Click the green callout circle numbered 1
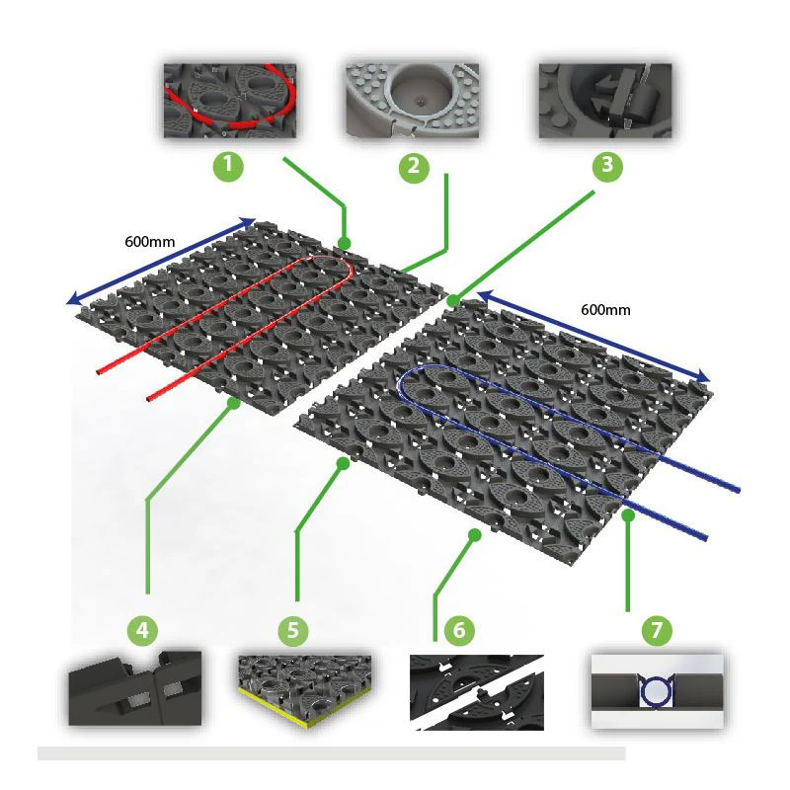click(228, 165)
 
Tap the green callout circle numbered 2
click(414, 167)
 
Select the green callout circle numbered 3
click(607, 165)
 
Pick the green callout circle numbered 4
click(142, 630)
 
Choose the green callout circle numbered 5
click(293, 630)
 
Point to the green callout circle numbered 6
click(459, 630)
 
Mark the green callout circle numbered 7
click(657, 630)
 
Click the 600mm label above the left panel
click(150, 242)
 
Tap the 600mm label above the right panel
click(605, 309)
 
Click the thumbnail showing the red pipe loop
click(230, 101)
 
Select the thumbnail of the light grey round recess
click(412, 101)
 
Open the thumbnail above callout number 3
click(605, 101)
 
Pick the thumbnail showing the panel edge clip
click(135, 688)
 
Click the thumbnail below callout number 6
click(477, 692)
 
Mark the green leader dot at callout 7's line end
click(628, 515)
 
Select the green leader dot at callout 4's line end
click(233, 403)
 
